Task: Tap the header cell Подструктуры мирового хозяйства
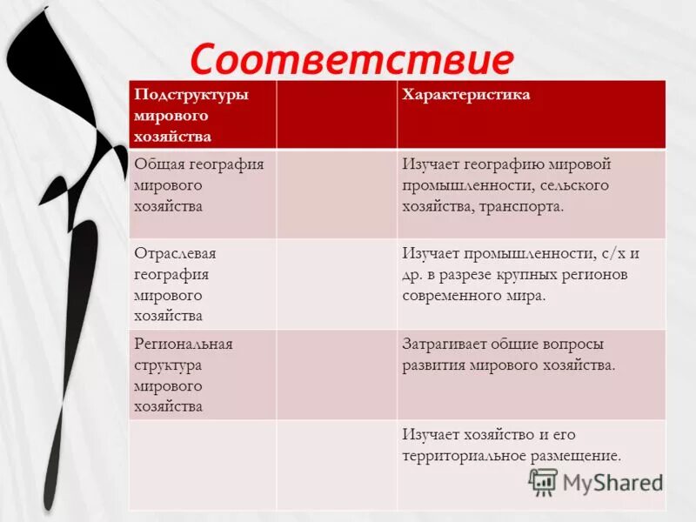(x=191, y=115)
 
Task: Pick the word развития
(x=433, y=365)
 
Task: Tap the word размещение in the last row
(x=580, y=456)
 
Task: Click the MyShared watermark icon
(x=543, y=482)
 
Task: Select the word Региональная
(x=184, y=344)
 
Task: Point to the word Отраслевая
(x=175, y=253)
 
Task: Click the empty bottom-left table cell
(x=203, y=465)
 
